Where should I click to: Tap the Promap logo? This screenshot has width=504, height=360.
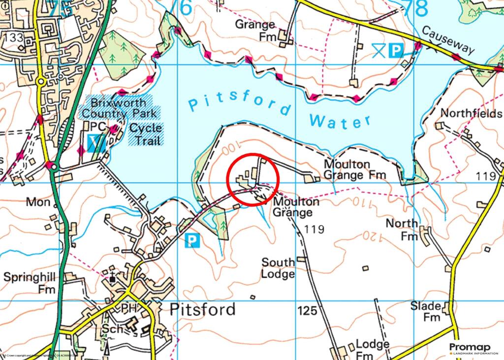pyautogui.click(x=473, y=349)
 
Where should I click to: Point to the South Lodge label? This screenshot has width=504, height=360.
pyautogui.click(x=278, y=268)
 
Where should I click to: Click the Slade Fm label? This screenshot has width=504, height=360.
pyautogui.click(x=426, y=311)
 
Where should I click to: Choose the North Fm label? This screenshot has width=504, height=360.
pyautogui.click(x=402, y=229)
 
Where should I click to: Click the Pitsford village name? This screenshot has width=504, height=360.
pyautogui.click(x=202, y=309)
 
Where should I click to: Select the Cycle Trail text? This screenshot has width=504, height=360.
pyautogui.click(x=146, y=133)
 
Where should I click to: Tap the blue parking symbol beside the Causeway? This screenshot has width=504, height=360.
pyautogui.click(x=395, y=50)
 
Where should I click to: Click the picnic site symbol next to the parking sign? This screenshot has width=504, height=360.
pyautogui.click(x=378, y=50)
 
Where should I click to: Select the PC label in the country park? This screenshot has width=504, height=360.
pyautogui.click(x=98, y=127)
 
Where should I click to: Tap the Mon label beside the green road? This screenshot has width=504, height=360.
pyautogui.click(x=39, y=202)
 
